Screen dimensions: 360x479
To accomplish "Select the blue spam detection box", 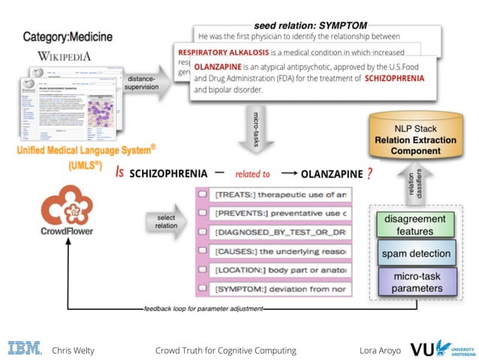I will click(x=416, y=253).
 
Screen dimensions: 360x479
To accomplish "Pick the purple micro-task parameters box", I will click(x=416, y=282).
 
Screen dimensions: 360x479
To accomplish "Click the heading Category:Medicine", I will click(x=68, y=36).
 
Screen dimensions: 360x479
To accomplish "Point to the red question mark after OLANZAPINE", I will click(x=370, y=174).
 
